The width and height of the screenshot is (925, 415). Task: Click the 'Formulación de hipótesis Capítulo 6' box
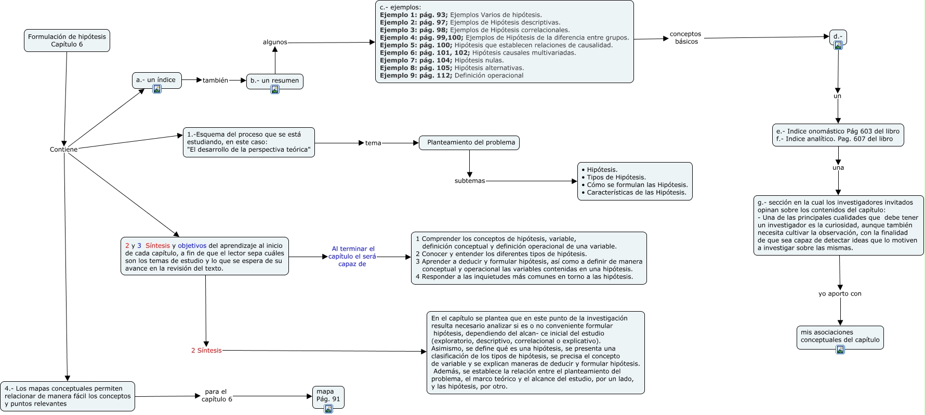coord(67,41)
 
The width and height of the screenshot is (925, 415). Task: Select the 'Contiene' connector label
coord(63,150)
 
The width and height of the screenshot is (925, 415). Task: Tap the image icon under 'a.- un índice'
coord(157,89)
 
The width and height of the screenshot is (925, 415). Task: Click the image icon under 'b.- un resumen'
coord(275,89)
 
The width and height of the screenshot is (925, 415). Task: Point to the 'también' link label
coord(215,81)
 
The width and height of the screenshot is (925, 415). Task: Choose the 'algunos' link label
coord(275,42)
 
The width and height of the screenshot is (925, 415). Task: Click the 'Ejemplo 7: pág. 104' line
coord(442,60)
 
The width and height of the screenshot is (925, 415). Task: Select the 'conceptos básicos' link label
coord(686,38)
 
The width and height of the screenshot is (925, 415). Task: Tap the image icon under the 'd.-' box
coord(838,45)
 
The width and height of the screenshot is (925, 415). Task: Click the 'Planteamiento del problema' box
coord(469,143)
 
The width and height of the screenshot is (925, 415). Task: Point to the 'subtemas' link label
coord(470,181)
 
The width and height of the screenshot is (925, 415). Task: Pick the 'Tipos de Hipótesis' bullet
coord(614,177)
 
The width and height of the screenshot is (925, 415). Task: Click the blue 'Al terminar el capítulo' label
coord(352,257)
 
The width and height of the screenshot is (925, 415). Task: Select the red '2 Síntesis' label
coord(206,351)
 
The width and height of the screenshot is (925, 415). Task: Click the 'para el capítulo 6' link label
coord(216,395)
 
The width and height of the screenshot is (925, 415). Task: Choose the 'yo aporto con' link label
coord(840,294)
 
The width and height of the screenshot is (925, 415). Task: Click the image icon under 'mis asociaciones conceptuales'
coord(840,350)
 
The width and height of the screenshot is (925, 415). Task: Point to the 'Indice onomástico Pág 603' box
coord(838,135)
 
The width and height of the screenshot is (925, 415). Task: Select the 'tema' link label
coord(373,143)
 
